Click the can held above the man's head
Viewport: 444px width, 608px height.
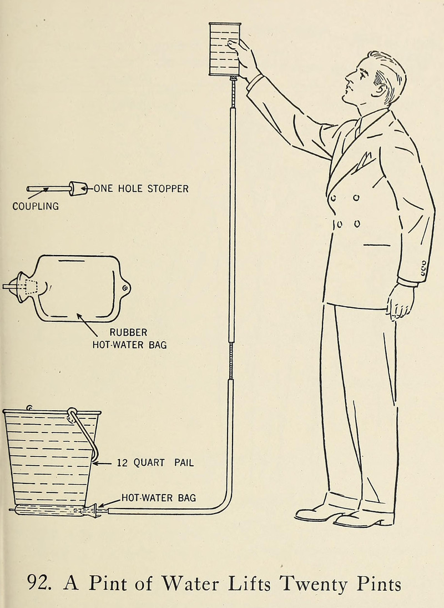[225, 49]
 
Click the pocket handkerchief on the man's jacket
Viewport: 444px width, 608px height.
[362, 162]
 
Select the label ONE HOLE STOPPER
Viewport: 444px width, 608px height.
[141, 189]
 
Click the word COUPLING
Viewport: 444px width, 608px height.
[36, 206]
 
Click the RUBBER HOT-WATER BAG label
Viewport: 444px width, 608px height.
[129, 338]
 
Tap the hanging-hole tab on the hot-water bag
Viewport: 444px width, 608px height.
[125, 288]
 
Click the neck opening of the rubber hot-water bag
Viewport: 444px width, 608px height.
[23, 287]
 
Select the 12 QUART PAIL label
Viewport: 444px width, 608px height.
[155, 462]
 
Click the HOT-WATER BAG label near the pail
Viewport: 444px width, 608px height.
[159, 497]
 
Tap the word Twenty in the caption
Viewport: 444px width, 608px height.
[314, 585]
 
